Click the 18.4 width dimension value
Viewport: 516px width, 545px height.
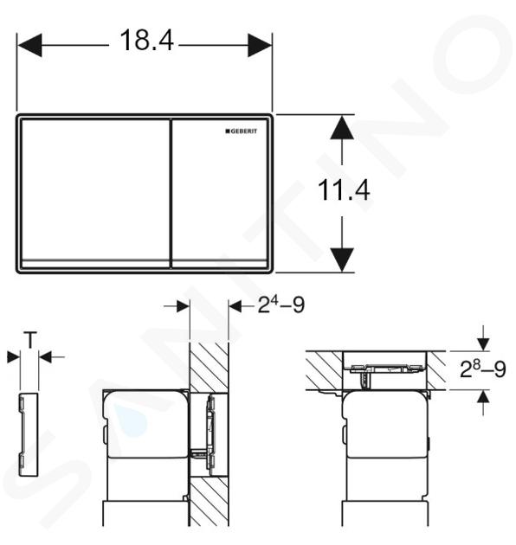point(146,41)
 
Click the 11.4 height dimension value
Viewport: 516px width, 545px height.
point(344,190)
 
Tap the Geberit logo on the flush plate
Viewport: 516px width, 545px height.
point(242,131)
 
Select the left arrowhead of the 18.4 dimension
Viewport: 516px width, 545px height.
point(29,45)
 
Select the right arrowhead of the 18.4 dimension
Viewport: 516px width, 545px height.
point(260,45)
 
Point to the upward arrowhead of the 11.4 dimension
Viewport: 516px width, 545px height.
point(342,127)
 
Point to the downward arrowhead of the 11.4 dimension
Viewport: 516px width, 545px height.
point(342,260)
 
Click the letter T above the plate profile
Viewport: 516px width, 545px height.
point(30,340)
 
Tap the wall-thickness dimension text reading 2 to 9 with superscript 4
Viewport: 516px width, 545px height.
point(281,305)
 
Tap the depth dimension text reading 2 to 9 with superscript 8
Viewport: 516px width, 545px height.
point(482,369)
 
